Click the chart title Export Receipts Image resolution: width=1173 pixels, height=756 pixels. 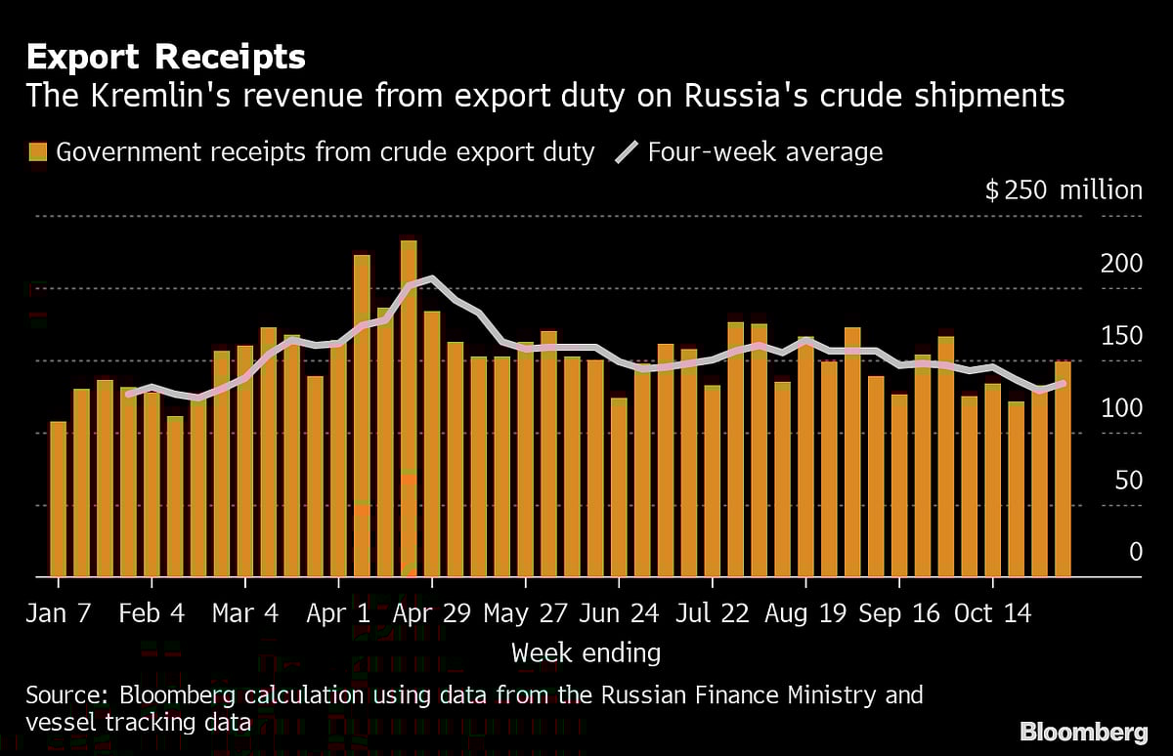(166, 58)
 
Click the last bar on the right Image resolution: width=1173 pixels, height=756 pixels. (1063, 469)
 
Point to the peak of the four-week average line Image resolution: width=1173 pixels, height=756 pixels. (432, 279)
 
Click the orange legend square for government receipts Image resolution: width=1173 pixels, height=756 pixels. (38, 152)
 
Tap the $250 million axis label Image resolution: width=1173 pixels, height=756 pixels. (1063, 189)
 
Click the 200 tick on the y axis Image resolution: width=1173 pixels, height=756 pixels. (1122, 264)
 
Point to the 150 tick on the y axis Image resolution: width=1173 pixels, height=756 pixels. (1122, 336)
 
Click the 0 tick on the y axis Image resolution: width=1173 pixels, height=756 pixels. (1135, 552)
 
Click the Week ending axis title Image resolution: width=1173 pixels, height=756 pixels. (586, 652)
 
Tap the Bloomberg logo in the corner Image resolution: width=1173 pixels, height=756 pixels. (1083, 731)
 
